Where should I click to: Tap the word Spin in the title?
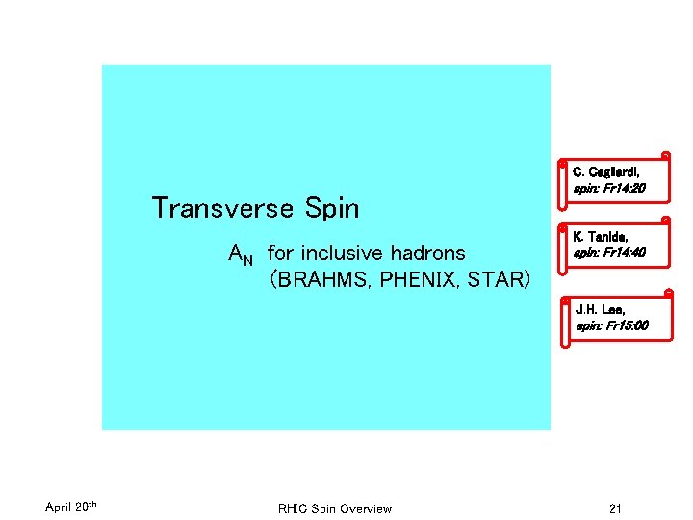click(331, 208)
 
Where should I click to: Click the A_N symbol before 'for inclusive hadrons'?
click(241, 254)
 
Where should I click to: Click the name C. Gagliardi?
click(606, 171)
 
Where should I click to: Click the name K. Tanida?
click(602, 237)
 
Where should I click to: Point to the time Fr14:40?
click(625, 254)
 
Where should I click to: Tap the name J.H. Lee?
click(600, 310)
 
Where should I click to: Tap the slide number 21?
click(615, 507)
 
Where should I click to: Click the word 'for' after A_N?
click(280, 253)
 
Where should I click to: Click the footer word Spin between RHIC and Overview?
click(323, 508)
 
